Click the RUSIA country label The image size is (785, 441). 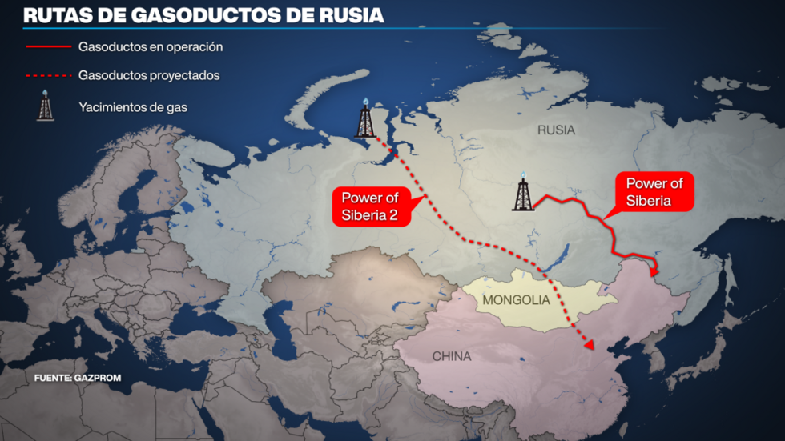pos(556,130)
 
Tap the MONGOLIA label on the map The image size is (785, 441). pos(516,300)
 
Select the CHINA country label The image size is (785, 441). pos(452,356)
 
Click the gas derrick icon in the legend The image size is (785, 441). pos(46,106)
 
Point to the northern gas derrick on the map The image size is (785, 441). pos(366,119)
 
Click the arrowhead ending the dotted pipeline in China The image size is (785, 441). pos(589,346)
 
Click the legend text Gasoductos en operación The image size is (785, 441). pos(151,46)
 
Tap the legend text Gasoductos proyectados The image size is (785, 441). pos(149,76)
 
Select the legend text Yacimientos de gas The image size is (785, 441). pos(133,106)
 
